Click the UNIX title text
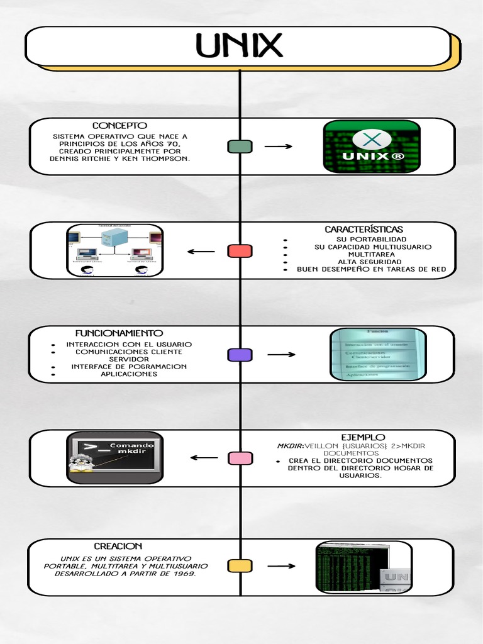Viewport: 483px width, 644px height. pos(239,46)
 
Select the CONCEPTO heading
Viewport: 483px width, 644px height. pos(119,126)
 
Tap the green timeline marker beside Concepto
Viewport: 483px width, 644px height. pos(240,147)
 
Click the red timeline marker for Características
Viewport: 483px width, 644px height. pos(240,251)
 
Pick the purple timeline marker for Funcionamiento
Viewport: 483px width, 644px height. pos(240,355)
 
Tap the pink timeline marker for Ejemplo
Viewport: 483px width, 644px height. pos(240,458)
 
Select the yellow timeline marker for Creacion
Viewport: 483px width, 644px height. pos(240,566)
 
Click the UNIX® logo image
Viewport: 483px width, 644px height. pos(372,147)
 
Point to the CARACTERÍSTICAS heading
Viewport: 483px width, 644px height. pos(364,230)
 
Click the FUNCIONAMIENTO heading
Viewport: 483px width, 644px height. pos(119,333)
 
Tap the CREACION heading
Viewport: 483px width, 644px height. pos(118,547)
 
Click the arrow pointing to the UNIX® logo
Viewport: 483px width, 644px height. pos(278,147)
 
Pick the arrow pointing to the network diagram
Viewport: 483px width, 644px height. pos(201,252)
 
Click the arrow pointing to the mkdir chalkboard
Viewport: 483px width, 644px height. pos(204,458)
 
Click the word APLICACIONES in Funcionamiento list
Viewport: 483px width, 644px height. pos(129,374)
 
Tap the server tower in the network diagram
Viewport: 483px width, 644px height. pos(114,238)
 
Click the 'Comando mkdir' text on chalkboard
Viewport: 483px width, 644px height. pos(131,448)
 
